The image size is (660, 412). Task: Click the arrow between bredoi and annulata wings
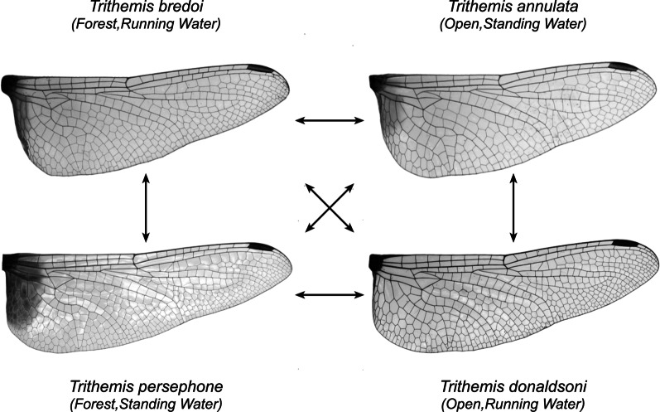click(x=330, y=121)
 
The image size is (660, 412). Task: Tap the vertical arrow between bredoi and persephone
click(x=146, y=207)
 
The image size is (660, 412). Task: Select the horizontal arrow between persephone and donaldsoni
click(x=330, y=293)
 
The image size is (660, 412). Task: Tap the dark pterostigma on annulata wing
click(x=616, y=66)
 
